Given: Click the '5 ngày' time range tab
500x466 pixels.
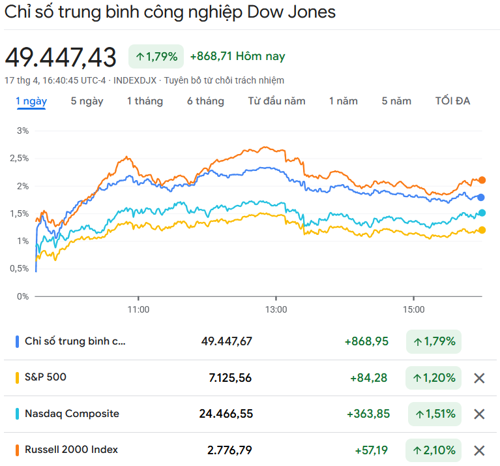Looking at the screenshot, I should pyautogui.click(x=87, y=101).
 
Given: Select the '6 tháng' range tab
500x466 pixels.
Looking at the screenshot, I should pyautogui.click(x=205, y=101).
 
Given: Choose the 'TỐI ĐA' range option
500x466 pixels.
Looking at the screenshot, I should pyautogui.click(x=452, y=101).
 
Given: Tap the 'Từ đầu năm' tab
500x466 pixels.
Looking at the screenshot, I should pyautogui.click(x=276, y=101).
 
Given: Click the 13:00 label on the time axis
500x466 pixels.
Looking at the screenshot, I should pyautogui.click(x=276, y=309).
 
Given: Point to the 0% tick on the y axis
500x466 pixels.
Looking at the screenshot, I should pyautogui.click(x=23, y=296).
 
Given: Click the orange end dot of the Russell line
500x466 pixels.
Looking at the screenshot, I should pyautogui.click(x=482, y=180).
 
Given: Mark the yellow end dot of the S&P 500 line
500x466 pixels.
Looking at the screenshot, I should pyautogui.click(x=482, y=230).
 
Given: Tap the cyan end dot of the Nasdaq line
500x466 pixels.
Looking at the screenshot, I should pyautogui.click(x=482, y=213).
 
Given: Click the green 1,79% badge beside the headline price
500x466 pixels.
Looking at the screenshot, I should pyautogui.click(x=156, y=57).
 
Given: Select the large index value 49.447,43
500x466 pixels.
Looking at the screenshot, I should pyautogui.click(x=61, y=57).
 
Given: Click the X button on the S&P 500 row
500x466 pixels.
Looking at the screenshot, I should pyautogui.click(x=479, y=378).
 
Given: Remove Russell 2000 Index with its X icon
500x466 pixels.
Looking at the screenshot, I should pyautogui.click(x=479, y=450).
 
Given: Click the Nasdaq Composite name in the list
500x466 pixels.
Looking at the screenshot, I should pyautogui.click(x=72, y=414).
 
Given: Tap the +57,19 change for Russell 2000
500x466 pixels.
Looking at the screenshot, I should pyautogui.click(x=372, y=450).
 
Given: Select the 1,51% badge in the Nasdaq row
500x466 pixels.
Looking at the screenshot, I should pyautogui.click(x=435, y=414).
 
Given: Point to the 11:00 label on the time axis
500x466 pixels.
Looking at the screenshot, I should pyautogui.click(x=138, y=309).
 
